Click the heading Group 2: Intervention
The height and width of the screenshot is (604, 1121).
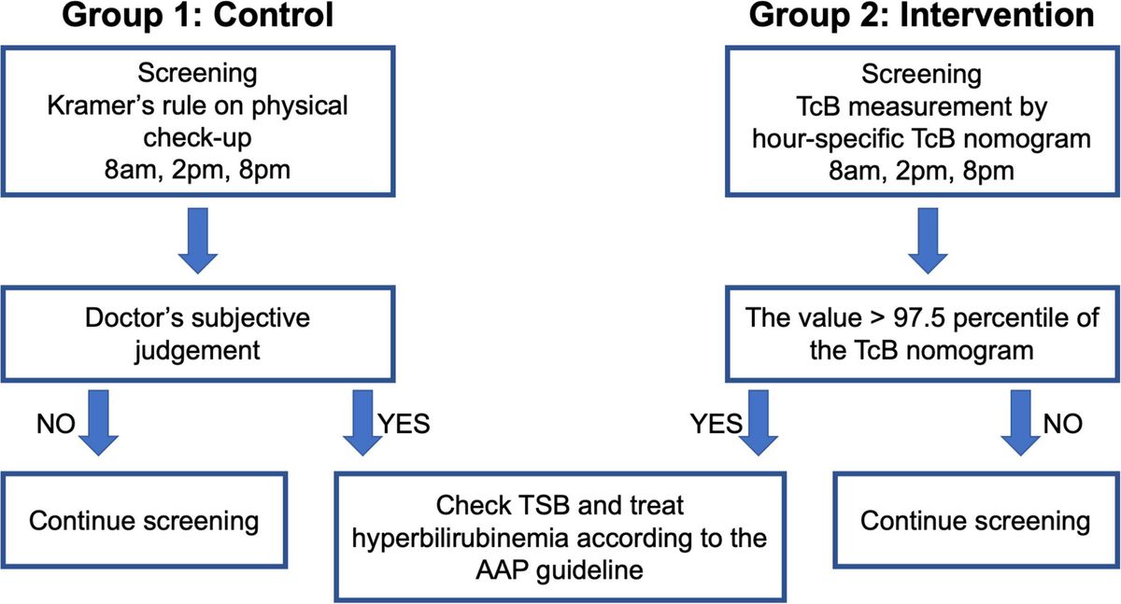925,19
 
